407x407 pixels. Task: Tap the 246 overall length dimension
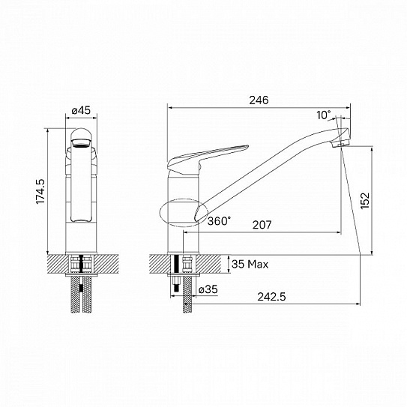[x=259, y=100]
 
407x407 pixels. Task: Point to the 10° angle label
[x=323, y=115]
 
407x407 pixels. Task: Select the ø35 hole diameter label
[x=208, y=289]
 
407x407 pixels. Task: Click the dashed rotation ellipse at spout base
[x=181, y=212]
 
